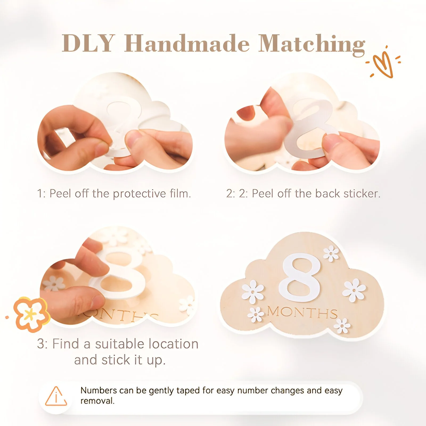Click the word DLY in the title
point(88,43)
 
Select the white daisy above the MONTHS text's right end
point(354,290)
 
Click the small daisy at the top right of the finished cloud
point(331,253)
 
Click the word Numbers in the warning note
point(99,390)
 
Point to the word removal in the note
point(97,401)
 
